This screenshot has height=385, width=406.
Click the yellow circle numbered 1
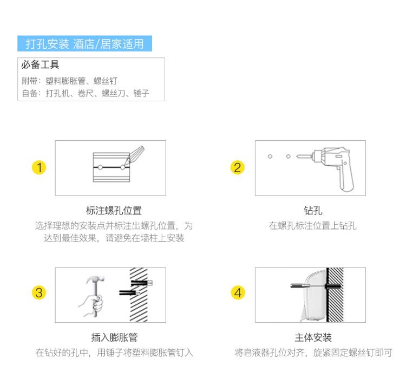(39, 167)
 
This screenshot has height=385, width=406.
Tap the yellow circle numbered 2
(238, 167)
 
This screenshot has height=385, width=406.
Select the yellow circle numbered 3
(39, 292)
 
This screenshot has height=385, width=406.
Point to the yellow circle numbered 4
(238, 292)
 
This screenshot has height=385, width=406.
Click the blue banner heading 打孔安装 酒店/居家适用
(84, 43)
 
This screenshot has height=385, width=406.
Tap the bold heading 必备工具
(40, 64)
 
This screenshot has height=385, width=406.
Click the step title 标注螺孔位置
(114, 211)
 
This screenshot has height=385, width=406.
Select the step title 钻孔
(313, 211)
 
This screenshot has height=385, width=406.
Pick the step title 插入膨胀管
(114, 337)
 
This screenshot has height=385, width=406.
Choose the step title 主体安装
(313, 337)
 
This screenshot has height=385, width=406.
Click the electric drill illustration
(329, 168)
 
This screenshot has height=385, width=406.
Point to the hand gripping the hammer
(92, 305)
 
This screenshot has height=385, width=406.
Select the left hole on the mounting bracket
(101, 167)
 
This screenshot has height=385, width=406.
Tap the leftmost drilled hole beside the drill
(270, 156)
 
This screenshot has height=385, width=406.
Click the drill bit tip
(298, 156)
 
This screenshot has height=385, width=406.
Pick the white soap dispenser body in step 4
(314, 295)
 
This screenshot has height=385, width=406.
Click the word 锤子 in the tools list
(141, 93)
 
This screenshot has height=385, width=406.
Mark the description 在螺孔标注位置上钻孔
(312, 225)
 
